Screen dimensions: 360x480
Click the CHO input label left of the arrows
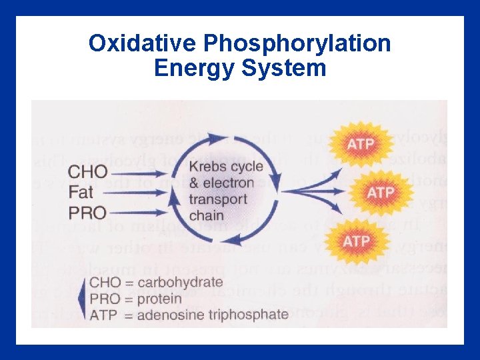(x=87, y=172)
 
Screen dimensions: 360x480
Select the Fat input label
(x=82, y=193)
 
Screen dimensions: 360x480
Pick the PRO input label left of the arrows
(x=87, y=213)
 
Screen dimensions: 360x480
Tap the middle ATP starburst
(x=381, y=192)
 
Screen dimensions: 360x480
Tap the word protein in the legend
(x=159, y=298)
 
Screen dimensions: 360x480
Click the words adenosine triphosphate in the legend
(x=213, y=314)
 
